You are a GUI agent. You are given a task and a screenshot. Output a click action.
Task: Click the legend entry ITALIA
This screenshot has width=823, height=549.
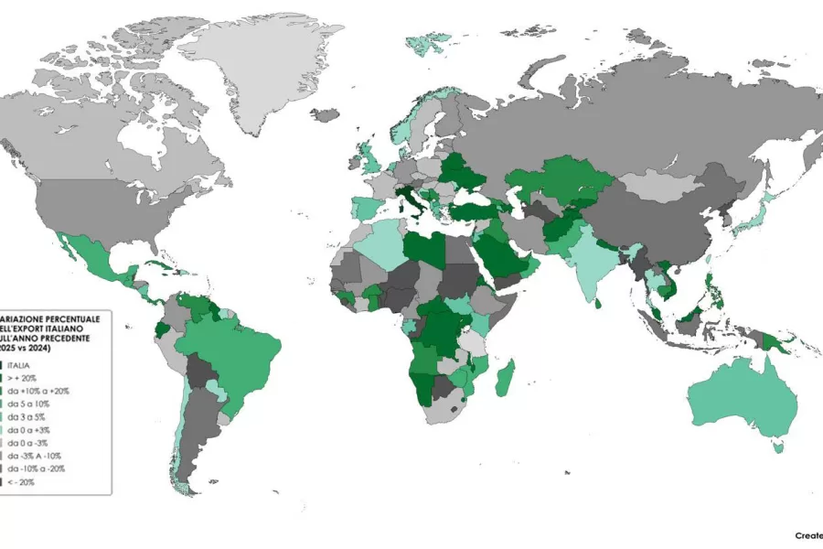point(21,365)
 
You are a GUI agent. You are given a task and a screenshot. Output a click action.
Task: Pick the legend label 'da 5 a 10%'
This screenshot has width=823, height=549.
point(27,404)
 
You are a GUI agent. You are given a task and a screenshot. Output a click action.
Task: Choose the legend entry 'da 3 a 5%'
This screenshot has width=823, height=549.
point(25,416)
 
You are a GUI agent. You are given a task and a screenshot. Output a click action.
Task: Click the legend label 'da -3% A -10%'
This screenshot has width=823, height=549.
point(34,455)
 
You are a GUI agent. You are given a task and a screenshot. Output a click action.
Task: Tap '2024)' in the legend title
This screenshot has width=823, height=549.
point(37,349)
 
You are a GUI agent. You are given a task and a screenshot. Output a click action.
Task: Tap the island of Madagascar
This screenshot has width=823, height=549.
point(505,378)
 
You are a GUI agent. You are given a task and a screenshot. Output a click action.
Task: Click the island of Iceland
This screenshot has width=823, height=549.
point(324,115)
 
